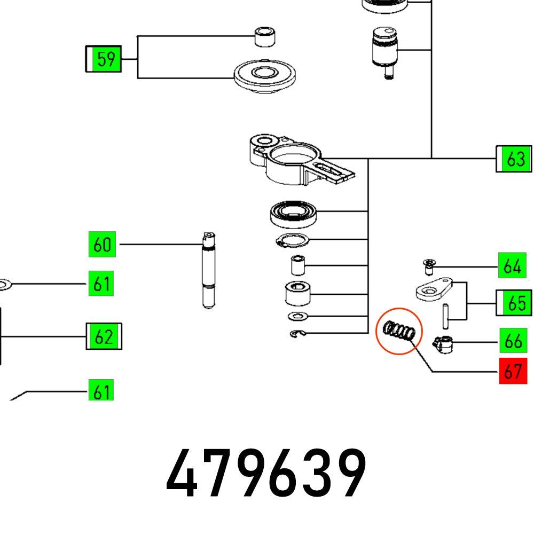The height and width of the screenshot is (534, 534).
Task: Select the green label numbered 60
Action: pos(101,245)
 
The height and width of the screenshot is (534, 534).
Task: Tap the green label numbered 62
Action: pos(104,337)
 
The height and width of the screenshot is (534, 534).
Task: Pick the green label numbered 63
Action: pos(515,159)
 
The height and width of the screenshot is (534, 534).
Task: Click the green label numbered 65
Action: pos(515,303)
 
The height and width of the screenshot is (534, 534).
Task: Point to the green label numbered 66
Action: pos(513,341)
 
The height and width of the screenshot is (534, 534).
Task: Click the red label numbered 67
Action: pos(513,371)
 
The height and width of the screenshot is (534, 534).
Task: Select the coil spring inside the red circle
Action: pos(399,331)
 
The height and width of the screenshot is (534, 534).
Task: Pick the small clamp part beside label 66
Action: pos(444,344)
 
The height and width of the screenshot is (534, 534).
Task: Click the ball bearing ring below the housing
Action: pos(294,214)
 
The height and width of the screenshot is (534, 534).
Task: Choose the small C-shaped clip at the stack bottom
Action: pos(299,335)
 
